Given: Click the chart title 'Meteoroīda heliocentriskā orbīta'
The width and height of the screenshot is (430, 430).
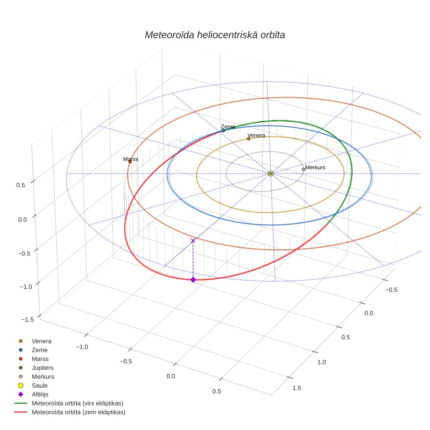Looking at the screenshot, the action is [x=215, y=35].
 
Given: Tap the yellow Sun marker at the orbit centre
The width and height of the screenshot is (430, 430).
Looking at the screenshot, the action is [x=271, y=174].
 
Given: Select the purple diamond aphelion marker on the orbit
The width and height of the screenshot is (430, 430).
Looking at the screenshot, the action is [x=193, y=280].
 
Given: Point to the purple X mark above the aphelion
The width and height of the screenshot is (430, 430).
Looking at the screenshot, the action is [x=193, y=240].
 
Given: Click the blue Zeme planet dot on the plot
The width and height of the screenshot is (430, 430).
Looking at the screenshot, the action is [x=223, y=131].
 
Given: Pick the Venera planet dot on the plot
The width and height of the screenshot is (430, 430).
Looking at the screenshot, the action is [x=248, y=139].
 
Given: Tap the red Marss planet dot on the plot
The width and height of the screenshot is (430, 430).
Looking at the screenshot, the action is [x=130, y=162].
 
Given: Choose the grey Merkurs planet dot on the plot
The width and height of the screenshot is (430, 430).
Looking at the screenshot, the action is [x=303, y=170].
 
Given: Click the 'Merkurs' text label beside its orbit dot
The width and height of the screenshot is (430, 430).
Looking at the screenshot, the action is [x=315, y=167].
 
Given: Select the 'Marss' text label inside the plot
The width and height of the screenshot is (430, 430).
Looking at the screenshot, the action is [x=131, y=159].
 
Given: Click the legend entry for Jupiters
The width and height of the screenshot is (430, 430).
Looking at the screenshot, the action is [x=34, y=368].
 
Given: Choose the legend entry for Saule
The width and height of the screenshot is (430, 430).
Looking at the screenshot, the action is [x=33, y=385].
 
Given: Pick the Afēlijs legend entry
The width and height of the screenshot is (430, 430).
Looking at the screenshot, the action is [x=33, y=394].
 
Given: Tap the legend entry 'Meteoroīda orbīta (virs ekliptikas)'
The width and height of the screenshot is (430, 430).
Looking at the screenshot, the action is [x=69, y=403].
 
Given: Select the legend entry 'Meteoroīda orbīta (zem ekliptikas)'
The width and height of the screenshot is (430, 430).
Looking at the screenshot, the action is [x=70, y=412].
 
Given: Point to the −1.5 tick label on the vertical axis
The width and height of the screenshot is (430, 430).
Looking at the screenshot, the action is [x=28, y=319].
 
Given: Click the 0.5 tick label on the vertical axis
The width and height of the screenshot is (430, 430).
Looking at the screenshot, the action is [x=21, y=185].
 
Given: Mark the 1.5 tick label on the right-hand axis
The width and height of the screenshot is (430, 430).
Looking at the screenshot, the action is [x=297, y=388].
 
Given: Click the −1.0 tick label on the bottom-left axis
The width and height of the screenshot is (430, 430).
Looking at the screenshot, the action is [x=82, y=347].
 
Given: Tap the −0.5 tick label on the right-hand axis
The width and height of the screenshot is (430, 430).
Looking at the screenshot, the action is [x=391, y=290].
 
